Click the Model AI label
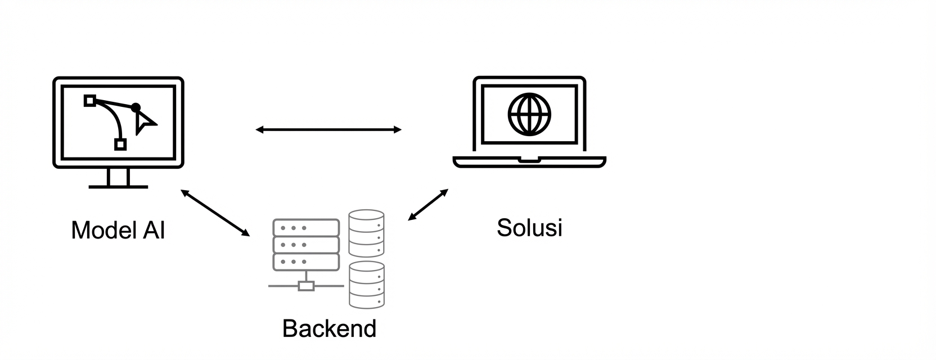click(118, 230)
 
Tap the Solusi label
click(529, 228)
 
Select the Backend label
click(329, 328)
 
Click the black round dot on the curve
click(136, 107)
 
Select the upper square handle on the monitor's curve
click(89, 101)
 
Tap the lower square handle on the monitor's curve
click(120, 145)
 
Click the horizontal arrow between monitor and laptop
click(328, 130)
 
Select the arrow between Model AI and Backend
click(215, 213)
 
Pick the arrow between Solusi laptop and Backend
click(428, 205)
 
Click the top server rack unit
click(306, 228)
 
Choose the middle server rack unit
click(306, 245)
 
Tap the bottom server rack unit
click(306, 262)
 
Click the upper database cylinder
click(366, 233)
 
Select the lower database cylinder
click(366, 285)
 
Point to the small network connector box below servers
click(306, 286)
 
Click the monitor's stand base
click(118, 186)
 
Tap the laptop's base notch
click(529, 160)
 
